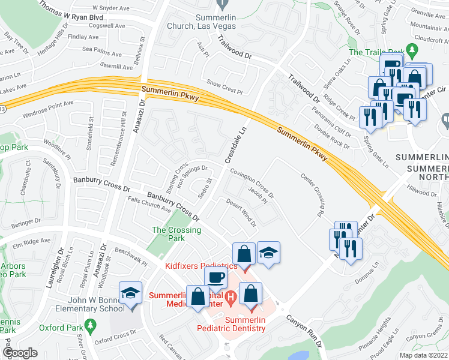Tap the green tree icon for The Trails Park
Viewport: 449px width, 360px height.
point(411,49)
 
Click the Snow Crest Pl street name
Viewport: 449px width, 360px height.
point(224,88)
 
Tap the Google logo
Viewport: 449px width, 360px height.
point(20,353)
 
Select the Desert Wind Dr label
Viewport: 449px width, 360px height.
point(241,212)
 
